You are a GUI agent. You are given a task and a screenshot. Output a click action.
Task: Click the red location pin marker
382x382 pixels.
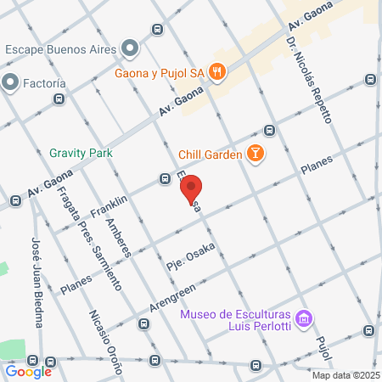tap(192, 189)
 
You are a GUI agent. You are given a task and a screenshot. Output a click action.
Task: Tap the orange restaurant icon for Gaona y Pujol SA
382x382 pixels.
tap(217, 72)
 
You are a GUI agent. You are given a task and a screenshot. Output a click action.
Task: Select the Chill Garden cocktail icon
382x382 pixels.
tap(254, 154)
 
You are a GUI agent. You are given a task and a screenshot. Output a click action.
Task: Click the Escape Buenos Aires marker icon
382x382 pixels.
tap(129, 48)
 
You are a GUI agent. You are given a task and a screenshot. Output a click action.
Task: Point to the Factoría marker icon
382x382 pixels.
tap(11, 82)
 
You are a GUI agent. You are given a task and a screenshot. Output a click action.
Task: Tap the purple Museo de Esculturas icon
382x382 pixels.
tap(305, 320)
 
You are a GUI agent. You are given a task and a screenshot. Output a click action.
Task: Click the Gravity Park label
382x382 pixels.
tap(81, 153)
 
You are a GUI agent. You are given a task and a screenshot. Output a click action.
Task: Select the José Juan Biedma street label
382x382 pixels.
tap(37, 279)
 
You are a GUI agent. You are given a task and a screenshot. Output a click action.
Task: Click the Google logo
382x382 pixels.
tap(28, 371)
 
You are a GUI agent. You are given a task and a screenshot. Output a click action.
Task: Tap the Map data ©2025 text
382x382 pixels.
tap(344, 375)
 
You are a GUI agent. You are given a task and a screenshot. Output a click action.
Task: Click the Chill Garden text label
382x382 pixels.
tap(210, 154)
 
